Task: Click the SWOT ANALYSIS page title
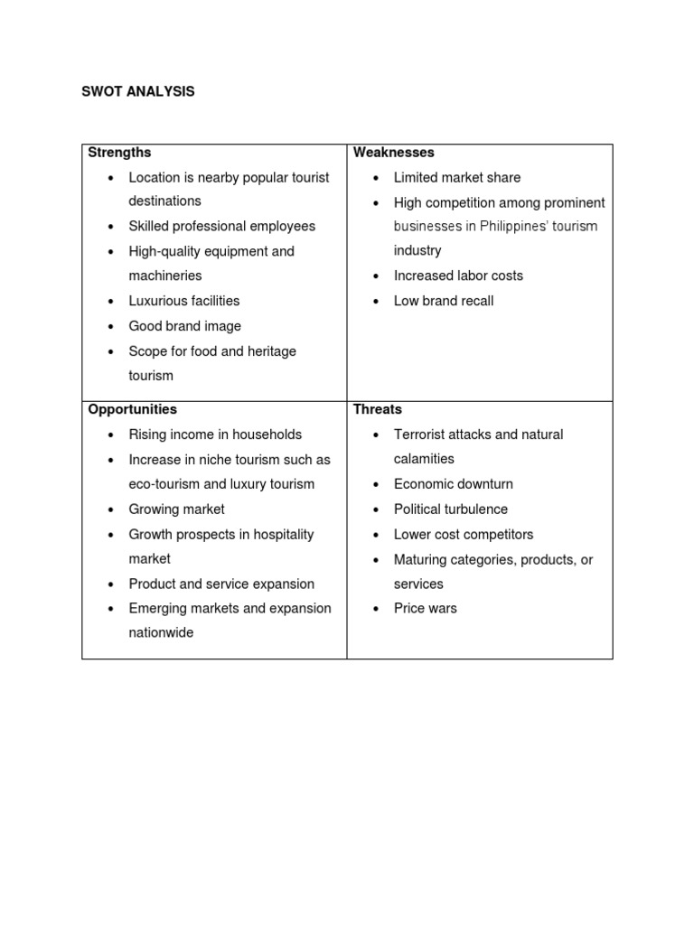[137, 92]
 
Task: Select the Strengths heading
[119, 153]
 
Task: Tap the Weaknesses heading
[393, 153]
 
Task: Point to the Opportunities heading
[132, 409]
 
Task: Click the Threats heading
[377, 409]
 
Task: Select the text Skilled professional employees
[221, 226]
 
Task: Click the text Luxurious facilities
[183, 301]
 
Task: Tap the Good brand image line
[184, 326]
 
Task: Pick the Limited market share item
[456, 178]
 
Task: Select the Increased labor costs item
[458, 276]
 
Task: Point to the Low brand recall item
[443, 301]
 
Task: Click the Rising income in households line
[215, 434]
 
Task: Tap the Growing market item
[176, 509]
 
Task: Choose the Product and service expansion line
[221, 584]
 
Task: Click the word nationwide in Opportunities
[161, 633]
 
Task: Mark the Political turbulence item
[450, 509]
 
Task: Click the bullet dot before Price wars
[375, 610]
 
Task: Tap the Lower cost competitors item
[463, 534]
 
